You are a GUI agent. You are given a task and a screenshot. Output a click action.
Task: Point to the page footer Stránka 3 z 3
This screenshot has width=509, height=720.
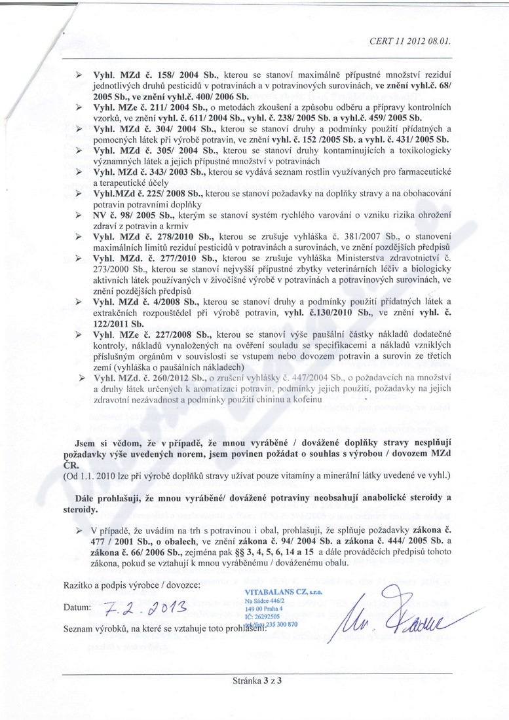(x=255, y=680)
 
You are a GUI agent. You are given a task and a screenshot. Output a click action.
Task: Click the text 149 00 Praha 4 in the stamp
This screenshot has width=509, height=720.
(x=263, y=608)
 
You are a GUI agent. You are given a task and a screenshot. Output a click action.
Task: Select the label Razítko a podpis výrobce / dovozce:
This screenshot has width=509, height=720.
(x=128, y=583)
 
